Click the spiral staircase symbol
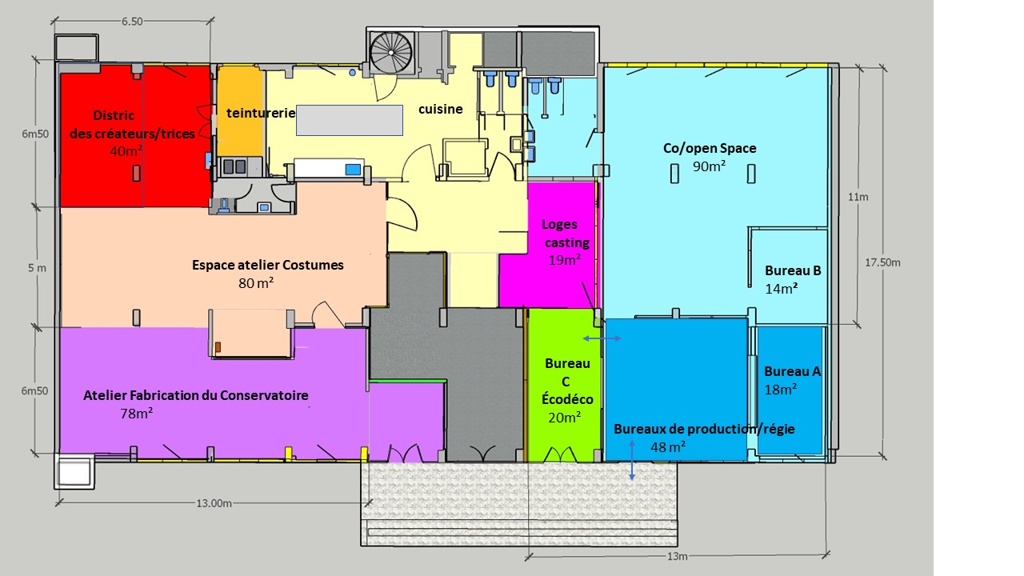coord(391,53)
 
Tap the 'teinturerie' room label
coord(261,113)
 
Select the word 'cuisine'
coord(441,109)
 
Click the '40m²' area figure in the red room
coord(126,151)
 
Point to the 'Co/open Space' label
coord(710,148)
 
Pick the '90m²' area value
coord(709,166)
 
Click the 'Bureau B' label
coord(793,270)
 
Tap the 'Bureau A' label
coord(792,371)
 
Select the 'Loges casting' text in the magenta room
coord(566,233)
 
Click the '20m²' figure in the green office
coord(565,418)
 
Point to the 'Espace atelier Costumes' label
coord(267,265)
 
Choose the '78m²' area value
coord(136,414)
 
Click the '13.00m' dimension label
coord(214,503)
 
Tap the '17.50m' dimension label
coord(882,262)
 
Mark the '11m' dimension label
coord(858,197)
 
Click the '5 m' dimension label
coord(37,268)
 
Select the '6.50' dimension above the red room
coord(132,22)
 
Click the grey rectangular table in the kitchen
coord(350,120)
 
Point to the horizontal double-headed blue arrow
coord(602,338)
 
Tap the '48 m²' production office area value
coord(668,446)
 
